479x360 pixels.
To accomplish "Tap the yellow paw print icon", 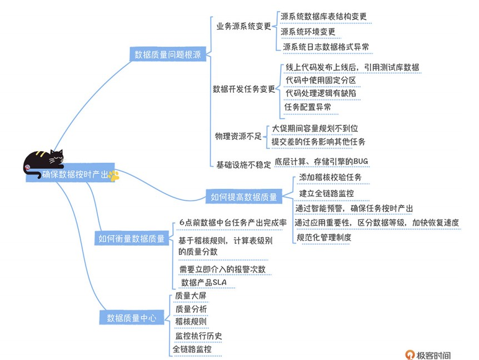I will [x=114, y=176].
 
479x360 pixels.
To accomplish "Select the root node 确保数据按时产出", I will [x=75, y=174].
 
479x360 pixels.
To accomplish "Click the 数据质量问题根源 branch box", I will [x=168, y=54].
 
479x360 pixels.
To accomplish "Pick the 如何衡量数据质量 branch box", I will [x=132, y=238].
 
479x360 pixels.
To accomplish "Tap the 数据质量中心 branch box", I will [x=131, y=318].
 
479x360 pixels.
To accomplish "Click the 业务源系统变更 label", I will [x=243, y=26].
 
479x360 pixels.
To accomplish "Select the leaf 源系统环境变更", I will [x=308, y=32].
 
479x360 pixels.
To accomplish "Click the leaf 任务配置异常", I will [x=308, y=106].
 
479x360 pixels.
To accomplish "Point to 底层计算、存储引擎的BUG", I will [x=321, y=162].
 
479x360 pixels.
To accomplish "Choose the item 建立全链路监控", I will [x=327, y=193].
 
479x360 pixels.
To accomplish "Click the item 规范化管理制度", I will [x=324, y=237].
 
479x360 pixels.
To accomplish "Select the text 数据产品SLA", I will [x=204, y=283].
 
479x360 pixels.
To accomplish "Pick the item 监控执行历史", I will [x=199, y=336].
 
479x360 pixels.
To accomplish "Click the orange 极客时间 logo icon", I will [x=410, y=354].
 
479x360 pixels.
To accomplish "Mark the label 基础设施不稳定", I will [x=243, y=164].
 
